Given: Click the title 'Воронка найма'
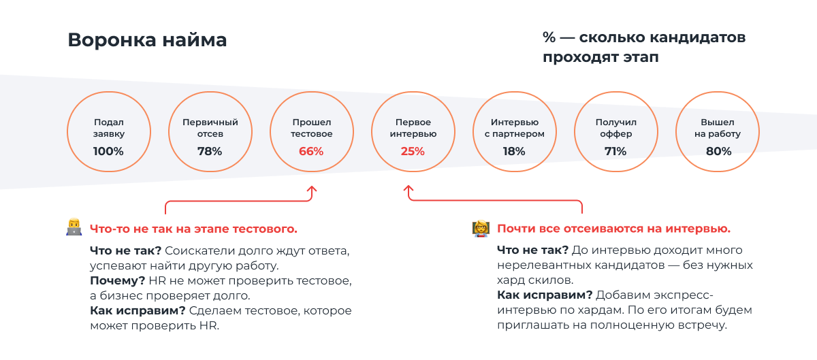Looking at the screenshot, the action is (x=147, y=40).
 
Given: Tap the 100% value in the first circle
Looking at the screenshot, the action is (x=108, y=151).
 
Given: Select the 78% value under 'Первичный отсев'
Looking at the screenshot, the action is (x=210, y=151).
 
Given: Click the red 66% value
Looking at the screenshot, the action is (x=311, y=151).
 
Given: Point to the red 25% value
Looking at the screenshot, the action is (x=413, y=151).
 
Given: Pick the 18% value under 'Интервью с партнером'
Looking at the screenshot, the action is (x=514, y=151).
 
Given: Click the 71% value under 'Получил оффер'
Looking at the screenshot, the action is (x=615, y=151).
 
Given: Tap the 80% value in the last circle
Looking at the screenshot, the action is (x=718, y=151).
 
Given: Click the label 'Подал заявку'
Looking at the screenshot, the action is (x=109, y=128).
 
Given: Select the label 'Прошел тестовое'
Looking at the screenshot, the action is (x=312, y=128).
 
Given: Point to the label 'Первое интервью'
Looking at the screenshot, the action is (x=413, y=128).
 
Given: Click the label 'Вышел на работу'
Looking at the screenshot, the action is (x=718, y=128).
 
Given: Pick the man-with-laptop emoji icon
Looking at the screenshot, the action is (x=74, y=227).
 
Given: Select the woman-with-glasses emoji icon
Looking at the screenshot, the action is (x=481, y=229).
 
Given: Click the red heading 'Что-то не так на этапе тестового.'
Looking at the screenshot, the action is (x=193, y=229).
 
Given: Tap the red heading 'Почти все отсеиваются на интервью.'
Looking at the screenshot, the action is (x=614, y=229).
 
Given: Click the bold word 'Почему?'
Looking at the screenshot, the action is (x=117, y=281).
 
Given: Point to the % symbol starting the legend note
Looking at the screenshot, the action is (x=549, y=37).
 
